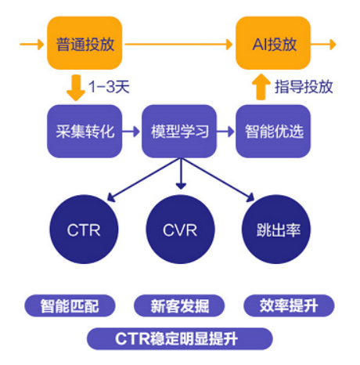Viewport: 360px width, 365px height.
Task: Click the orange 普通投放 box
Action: (85, 43)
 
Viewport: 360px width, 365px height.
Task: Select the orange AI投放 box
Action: (273, 43)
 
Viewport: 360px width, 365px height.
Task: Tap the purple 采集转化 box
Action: (85, 131)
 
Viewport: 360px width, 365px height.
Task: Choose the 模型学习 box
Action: (179, 131)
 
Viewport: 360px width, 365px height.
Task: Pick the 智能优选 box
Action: (273, 131)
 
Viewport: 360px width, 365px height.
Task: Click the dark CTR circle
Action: (84, 229)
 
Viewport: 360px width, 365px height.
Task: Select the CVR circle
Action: (180, 229)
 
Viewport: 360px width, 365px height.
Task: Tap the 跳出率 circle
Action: (276, 229)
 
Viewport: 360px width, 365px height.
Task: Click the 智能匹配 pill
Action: (70, 305)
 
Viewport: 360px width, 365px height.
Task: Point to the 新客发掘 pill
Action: (179, 305)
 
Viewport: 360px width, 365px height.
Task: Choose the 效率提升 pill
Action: (289, 305)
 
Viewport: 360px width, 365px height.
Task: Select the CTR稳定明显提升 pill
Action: (180, 339)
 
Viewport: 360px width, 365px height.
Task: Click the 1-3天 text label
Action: (109, 86)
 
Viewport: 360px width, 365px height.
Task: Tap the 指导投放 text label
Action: (304, 86)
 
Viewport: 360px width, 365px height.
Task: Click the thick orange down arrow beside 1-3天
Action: (76, 88)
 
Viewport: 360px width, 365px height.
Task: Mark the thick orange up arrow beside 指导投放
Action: (261, 87)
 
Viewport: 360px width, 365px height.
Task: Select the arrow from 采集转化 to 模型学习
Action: (131, 132)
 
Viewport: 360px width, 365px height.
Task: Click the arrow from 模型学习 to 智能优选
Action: (225, 132)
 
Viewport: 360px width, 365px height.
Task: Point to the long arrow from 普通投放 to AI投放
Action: (178, 44)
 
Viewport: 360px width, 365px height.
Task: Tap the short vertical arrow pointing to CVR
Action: (181, 174)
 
